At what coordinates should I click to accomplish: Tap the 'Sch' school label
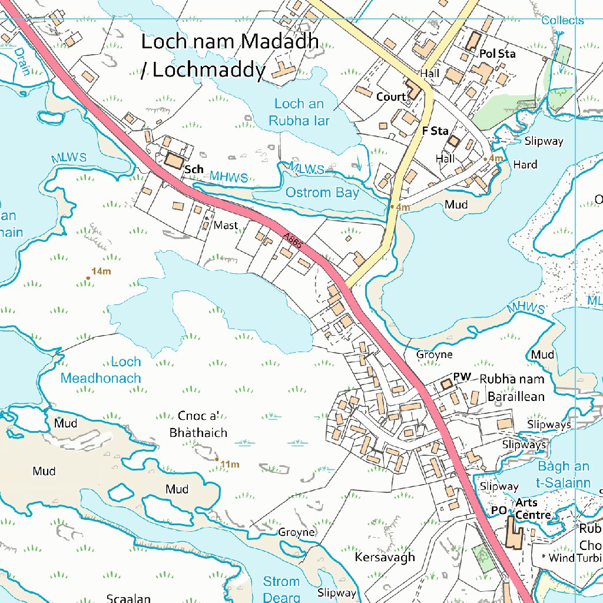point(194,170)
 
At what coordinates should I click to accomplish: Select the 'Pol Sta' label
point(498,54)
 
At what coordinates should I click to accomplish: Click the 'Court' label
point(391,97)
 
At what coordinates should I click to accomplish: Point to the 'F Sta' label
point(435,131)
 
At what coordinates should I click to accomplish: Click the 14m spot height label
point(101,271)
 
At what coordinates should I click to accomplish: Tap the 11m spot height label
point(230,465)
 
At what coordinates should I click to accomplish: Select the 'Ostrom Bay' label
point(322,193)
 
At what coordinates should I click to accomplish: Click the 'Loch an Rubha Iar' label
point(299,112)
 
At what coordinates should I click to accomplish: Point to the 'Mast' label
point(226,226)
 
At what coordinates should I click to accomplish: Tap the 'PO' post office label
point(498,511)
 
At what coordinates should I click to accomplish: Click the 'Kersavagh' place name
point(385,557)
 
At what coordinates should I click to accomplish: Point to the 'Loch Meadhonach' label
point(101,370)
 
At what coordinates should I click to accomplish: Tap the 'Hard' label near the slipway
point(525,164)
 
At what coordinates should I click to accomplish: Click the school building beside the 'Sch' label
point(174,160)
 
